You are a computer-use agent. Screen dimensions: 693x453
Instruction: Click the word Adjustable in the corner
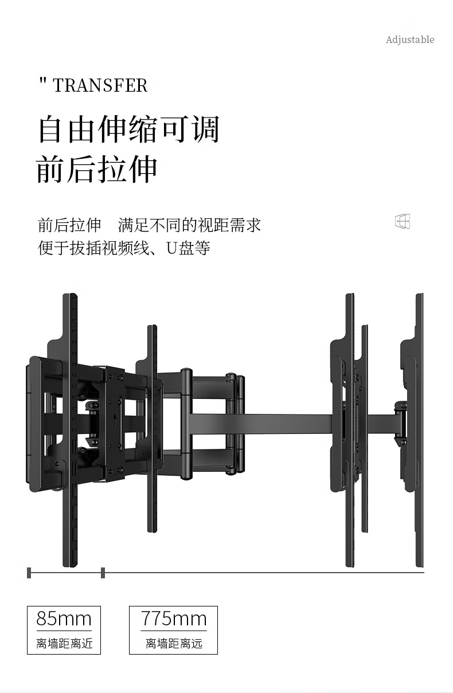[x=409, y=40]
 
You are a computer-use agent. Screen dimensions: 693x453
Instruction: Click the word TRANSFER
[x=100, y=86]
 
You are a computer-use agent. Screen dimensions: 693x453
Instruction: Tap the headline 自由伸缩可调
[x=128, y=129]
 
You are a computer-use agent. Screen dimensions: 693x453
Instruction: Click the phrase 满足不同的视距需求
[x=190, y=225]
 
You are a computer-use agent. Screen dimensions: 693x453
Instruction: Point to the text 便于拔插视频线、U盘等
[x=124, y=248]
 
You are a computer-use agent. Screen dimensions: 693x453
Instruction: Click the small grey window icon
[x=403, y=221]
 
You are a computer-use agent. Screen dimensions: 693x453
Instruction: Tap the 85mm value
[x=64, y=618]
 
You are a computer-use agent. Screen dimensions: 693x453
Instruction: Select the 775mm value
[x=173, y=618]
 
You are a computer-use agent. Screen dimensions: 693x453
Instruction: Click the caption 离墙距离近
[x=64, y=644]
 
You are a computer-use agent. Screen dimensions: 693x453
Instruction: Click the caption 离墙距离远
[x=173, y=644]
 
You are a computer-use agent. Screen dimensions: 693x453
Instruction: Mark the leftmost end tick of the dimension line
[x=29, y=572]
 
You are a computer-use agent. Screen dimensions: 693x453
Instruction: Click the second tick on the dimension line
[x=103, y=572]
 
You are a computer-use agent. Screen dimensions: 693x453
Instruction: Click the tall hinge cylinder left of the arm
[x=186, y=423]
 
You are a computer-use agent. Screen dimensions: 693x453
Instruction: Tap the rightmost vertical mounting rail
[x=419, y=430]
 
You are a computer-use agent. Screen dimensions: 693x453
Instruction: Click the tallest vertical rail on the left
[x=70, y=430]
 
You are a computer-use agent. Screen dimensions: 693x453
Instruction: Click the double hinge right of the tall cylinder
[x=235, y=423]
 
